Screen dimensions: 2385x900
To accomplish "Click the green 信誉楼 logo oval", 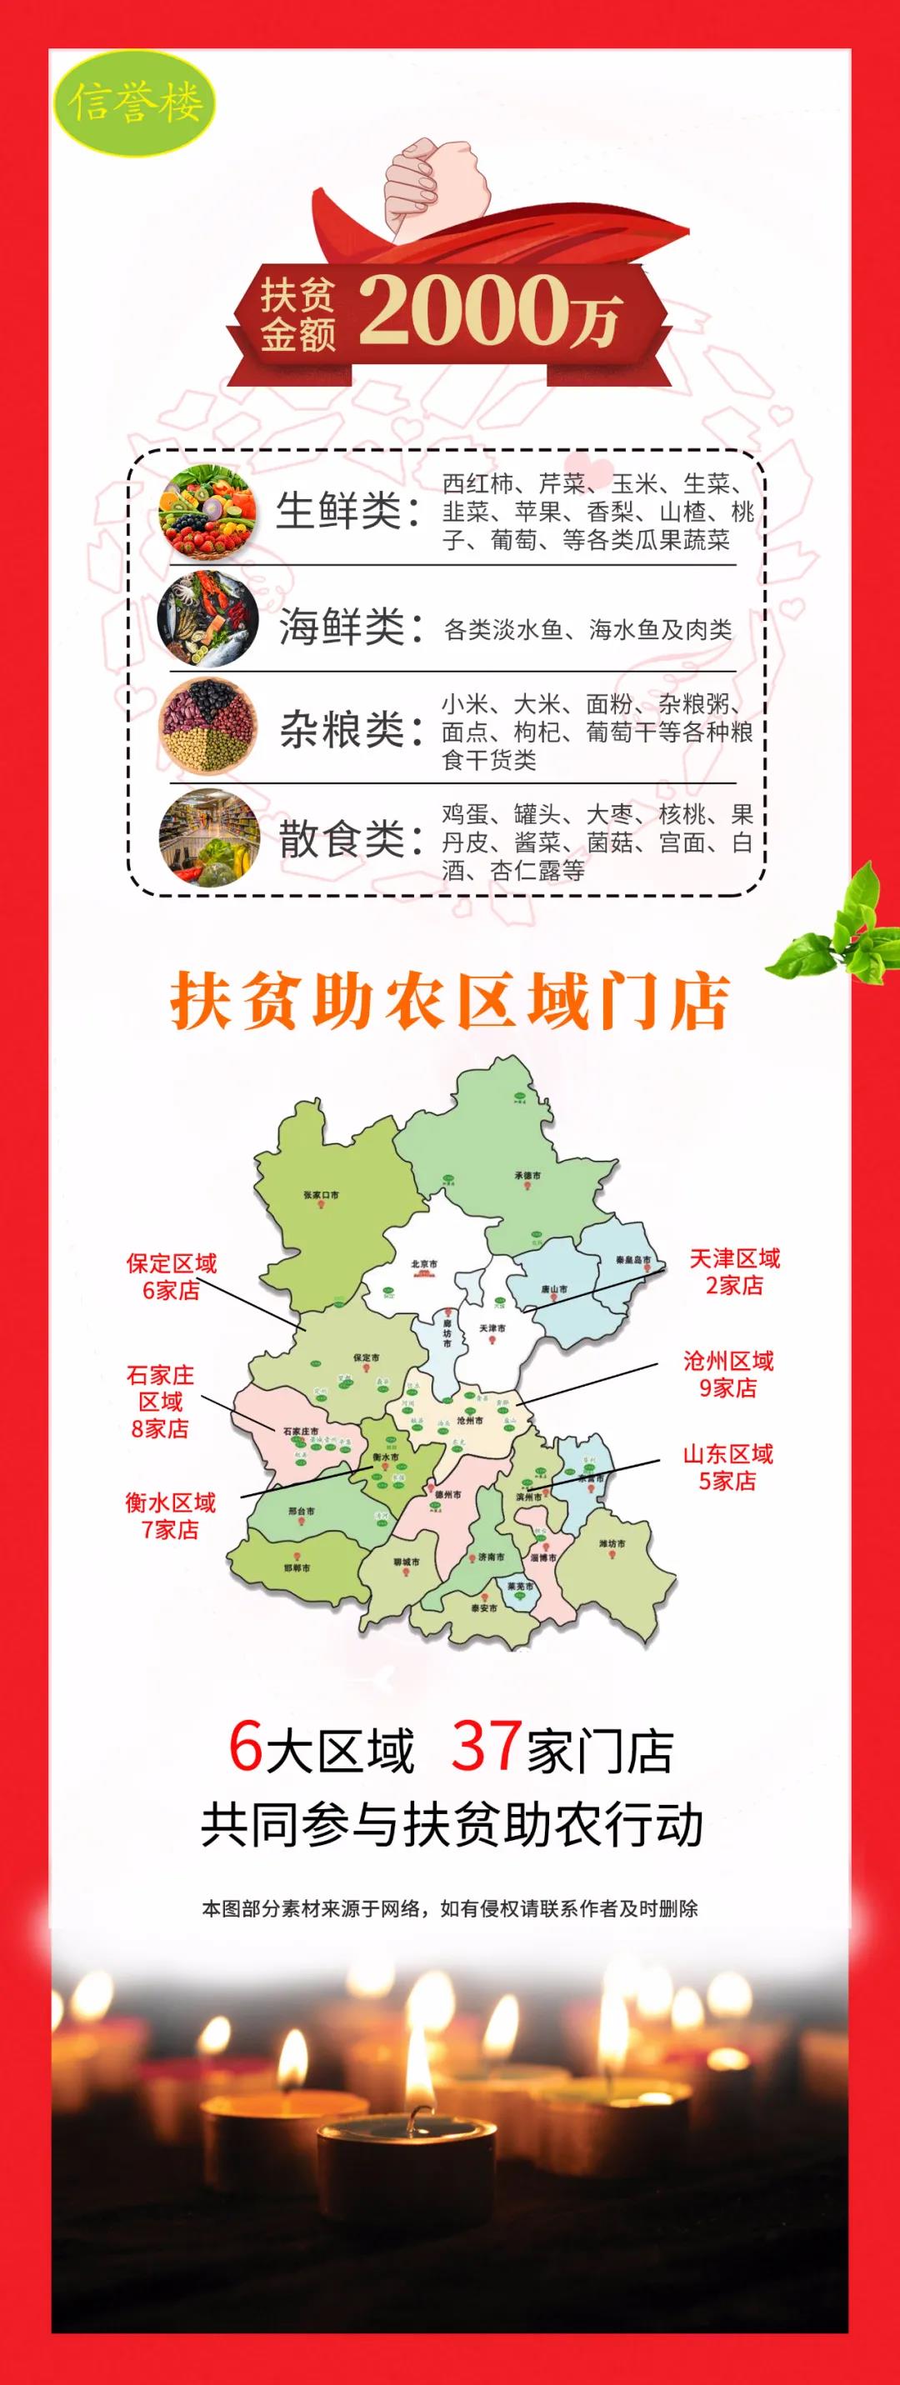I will [135, 102].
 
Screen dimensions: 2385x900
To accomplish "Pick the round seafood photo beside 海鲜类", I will [207, 620].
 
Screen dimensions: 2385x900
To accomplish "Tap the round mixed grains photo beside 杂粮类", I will [207, 727].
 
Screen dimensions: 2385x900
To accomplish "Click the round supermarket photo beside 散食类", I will [207, 837].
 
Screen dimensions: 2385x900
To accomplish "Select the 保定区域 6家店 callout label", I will [172, 1277].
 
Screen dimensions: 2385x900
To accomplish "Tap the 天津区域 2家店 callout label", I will [734, 1271].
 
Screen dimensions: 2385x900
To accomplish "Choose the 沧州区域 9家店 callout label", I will [727, 1374].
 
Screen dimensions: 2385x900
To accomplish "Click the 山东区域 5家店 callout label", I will [727, 1467].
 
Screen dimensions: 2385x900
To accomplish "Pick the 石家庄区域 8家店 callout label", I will [160, 1401].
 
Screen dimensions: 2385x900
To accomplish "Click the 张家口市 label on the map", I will [320, 1194].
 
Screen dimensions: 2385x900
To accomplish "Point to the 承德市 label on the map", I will [527, 1176].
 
